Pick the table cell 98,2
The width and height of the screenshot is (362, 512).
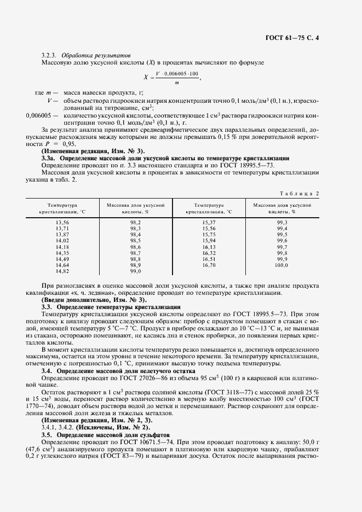click(135, 222)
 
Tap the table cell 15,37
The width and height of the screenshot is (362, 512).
click(209, 222)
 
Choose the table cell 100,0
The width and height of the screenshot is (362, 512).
click(281, 265)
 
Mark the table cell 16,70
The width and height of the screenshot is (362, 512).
click(209, 265)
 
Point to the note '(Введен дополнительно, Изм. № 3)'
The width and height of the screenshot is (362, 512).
click(94, 300)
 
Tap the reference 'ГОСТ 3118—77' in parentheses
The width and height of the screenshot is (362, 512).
click(212, 392)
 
